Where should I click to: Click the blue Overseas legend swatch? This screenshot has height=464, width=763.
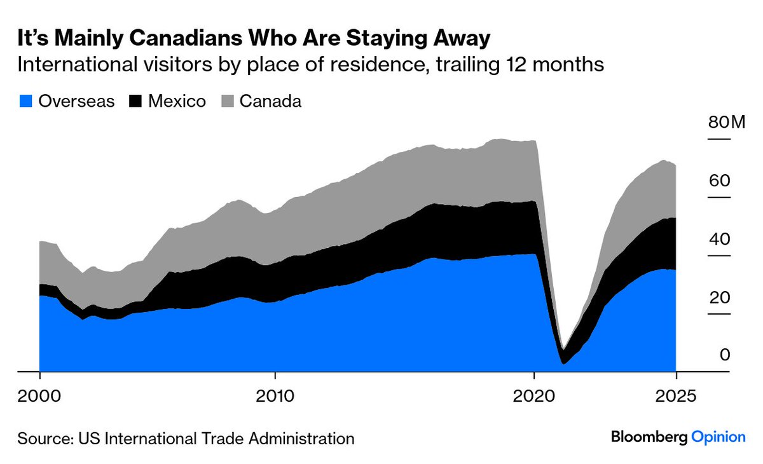coord(25,101)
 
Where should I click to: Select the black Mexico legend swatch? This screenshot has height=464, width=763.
coord(135,101)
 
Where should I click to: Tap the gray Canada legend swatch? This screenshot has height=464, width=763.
coord(227,101)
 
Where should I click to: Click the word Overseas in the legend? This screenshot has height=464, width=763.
coord(76,101)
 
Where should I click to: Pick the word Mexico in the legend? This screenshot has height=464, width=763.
coord(177,101)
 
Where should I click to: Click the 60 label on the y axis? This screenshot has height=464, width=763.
coord(720,181)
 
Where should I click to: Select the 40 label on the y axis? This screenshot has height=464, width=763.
coord(720,240)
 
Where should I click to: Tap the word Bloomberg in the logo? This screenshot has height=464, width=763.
coord(649,437)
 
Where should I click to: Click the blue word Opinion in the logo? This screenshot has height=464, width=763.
coord(718,437)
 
